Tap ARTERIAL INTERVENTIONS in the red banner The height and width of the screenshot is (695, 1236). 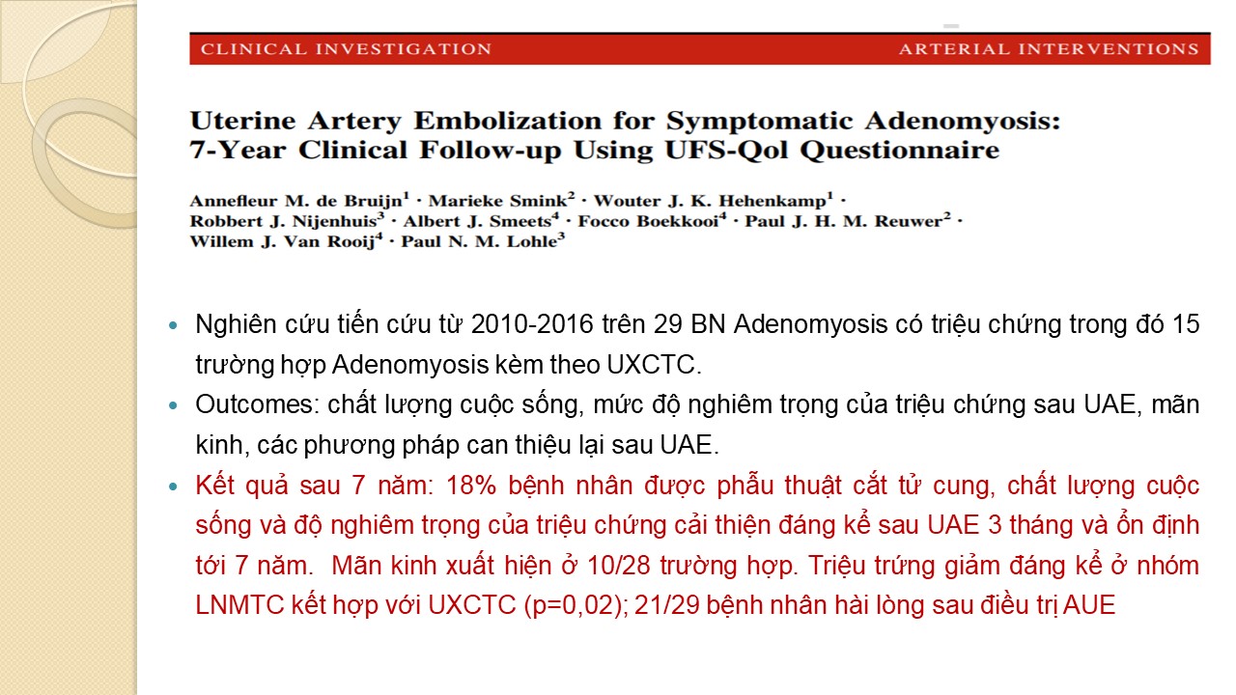coord(1049,49)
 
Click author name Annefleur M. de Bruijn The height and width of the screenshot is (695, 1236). coord(296,201)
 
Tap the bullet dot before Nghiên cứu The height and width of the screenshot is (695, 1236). coord(175,325)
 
